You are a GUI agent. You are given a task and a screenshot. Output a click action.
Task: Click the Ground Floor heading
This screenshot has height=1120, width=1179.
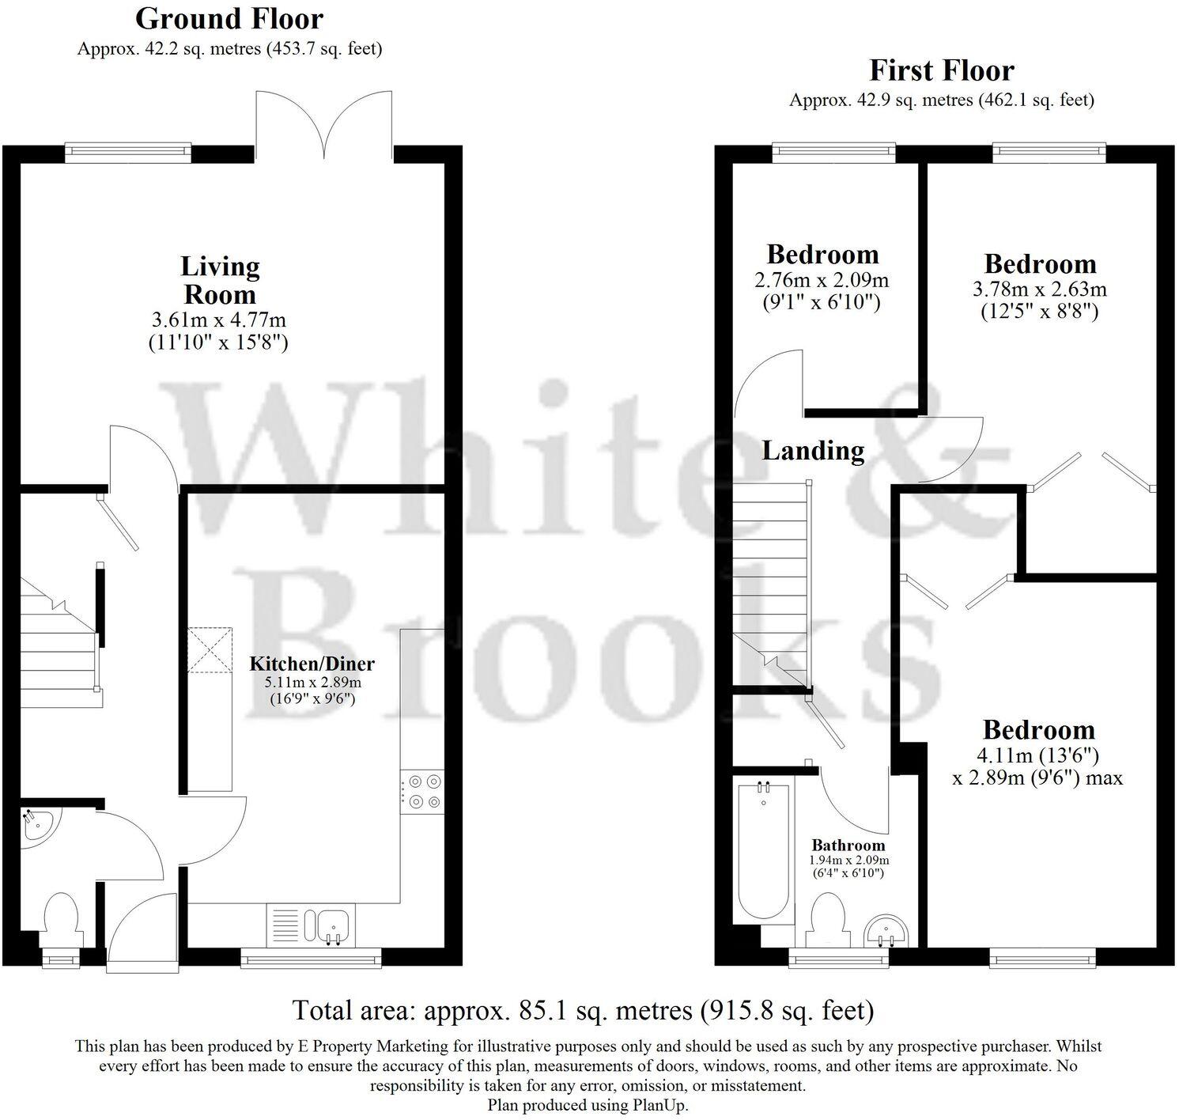pyautogui.click(x=229, y=18)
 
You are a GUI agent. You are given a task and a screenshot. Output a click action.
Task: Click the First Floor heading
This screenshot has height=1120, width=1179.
pyautogui.click(x=941, y=70)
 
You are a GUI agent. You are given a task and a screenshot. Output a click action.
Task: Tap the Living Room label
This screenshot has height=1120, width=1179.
pyautogui.click(x=220, y=281)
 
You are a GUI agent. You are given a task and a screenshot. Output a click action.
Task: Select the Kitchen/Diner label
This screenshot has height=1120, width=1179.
pyautogui.click(x=312, y=664)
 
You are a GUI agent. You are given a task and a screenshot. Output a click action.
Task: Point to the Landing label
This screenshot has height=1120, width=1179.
pyautogui.click(x=813, y=450)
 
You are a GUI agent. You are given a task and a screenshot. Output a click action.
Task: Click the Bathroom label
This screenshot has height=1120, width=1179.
pyautogui.click(x=848, y=845)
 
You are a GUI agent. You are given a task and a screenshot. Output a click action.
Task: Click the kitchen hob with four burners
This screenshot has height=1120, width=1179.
pyautogui.click(x=422, y=791)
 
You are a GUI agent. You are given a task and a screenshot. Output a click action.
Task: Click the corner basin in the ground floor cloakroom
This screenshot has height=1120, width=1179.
pyautogui.click(x=36, y=827)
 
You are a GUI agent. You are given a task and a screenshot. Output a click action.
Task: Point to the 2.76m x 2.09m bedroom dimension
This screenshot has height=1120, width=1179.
pyautogui.click(x=822, y=280)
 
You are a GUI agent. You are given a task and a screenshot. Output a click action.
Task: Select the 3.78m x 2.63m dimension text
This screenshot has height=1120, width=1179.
pyautogui.click(x=1039, y=289)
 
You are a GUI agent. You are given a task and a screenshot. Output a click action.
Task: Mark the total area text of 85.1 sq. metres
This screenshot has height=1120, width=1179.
pyautogui.click(x=583, y=1010)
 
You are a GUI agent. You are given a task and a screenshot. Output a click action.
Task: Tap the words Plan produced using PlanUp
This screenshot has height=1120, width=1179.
pyautogui.click(x=588, y=1105)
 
